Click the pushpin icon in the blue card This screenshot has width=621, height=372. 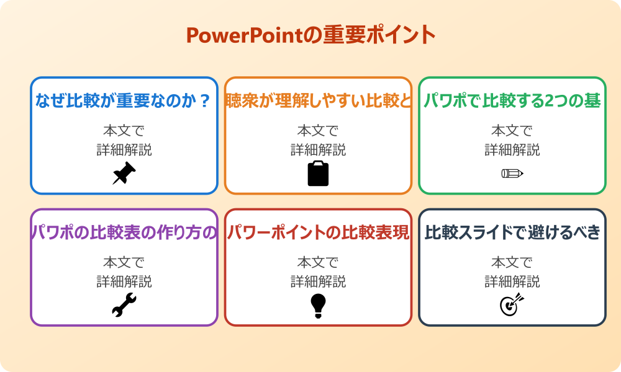coord(124,174)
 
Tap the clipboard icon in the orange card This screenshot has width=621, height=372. coord(318,174)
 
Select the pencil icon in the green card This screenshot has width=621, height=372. coord(512,173)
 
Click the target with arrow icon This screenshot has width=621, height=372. coord(512,305)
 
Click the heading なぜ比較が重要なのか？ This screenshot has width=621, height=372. coord(124,101)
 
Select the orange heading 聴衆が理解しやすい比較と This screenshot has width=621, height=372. coord(318,101)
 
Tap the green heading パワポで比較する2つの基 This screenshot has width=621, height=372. coord(512,101)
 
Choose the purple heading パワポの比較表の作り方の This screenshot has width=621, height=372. coord(124,233)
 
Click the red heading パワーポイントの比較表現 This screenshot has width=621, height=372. coord(318,233)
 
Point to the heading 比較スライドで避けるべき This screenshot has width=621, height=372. coord(512,233)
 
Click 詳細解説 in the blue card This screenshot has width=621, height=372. coord(124,150)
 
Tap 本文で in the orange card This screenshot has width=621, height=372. coord(318,131)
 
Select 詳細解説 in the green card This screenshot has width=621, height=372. coord(512,150)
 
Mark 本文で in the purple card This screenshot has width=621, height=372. coord(124,263)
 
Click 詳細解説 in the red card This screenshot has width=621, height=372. coord(318,282)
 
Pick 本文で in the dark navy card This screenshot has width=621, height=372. coord(512,263)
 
